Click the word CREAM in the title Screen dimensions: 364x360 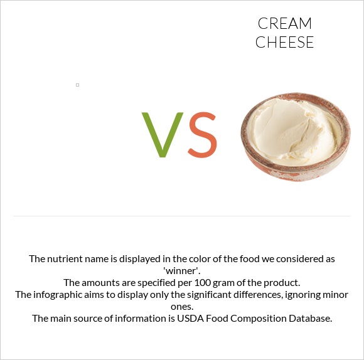click(x=284, y=23)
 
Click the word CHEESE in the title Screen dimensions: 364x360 click(x=284, y=42)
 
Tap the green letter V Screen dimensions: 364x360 click(x=163, y=135)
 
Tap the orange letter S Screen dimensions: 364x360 click(x=203, y=135)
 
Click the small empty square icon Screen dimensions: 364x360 click(x=78, y=85)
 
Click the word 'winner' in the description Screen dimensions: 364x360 click(x=182, y=271)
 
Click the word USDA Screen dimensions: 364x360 click(x=190, y=319)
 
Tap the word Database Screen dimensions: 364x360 click(x=311, y=319)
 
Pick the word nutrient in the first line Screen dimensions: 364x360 click(x=63, y=259)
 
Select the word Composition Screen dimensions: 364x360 click(x=259, y=319)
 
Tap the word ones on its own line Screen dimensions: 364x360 click(x=182, y=307)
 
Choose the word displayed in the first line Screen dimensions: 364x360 click(x=141, y=259)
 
